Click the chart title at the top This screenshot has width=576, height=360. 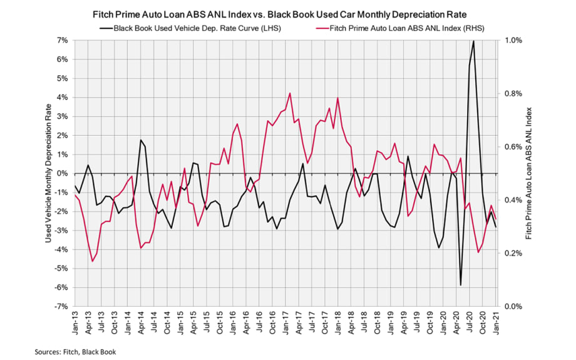click(287, 13)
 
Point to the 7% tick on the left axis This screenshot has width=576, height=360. click(63, 40)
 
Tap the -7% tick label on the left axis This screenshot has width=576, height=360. click(61, 307)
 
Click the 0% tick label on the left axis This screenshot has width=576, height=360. click(63, 173)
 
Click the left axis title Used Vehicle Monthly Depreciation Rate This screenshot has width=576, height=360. click(48, 173)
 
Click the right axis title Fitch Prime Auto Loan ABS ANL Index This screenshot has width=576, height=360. click(529, 173)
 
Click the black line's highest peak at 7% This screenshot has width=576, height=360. click(474, 41)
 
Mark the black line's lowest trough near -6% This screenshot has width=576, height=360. click(461, 285)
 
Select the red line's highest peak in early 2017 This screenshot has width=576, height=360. click(290, 93)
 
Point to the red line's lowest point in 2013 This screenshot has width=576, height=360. click(93, 261)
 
